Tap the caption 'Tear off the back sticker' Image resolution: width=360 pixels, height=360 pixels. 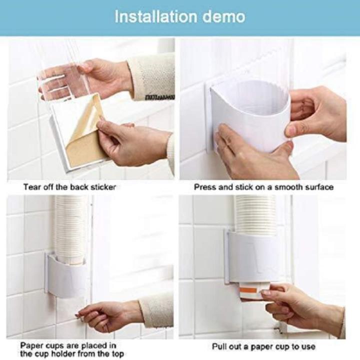click(x=69, y=187)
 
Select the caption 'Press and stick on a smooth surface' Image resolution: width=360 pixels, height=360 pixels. click(x=263, y=187)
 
